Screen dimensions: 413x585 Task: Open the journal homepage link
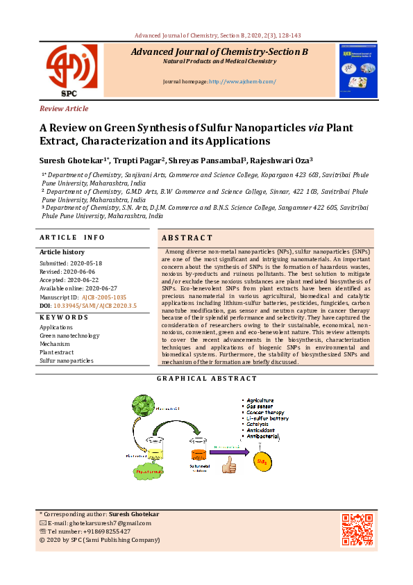[x=243, y=81]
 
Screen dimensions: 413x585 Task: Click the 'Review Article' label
[x=64, y=108]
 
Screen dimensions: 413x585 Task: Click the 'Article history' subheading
[x=62, y=252]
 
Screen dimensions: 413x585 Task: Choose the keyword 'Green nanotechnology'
[x=69, y=336]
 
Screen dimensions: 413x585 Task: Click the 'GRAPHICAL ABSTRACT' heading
[x=207, y=379]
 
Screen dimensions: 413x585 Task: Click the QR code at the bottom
[x=357, y=529]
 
